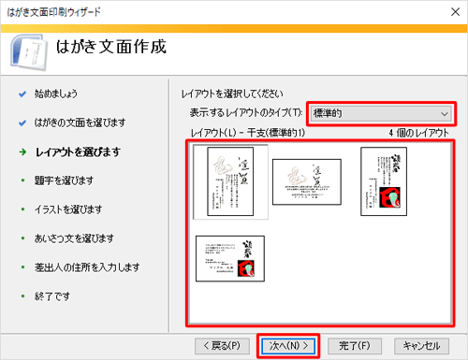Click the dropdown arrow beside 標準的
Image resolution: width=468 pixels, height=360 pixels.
(445, 113)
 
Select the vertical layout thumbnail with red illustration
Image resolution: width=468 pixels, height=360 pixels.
(384, 180)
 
